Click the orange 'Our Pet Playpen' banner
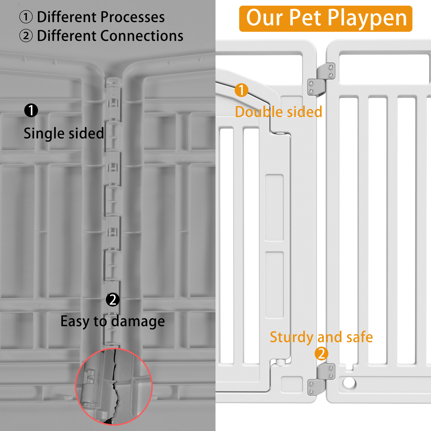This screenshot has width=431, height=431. (325, 19)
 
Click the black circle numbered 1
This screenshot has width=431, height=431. (31, 110)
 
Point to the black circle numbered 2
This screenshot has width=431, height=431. (113, 300)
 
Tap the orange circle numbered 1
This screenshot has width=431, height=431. (241, 90)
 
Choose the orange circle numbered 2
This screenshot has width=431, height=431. (321, 354)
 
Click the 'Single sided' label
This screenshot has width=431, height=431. (64, 133)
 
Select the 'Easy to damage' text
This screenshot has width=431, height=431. (113, 321)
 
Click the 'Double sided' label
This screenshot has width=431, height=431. (279, 112)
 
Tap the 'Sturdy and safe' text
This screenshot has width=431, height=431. (321, 337)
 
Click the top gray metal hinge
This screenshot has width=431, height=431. (321, 79)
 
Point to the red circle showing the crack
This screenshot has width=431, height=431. (114, 387)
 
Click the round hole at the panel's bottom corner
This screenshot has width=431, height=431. (349, 383)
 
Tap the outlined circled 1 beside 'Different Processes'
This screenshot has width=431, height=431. (26, 17)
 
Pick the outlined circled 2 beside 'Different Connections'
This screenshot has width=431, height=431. (26, 36)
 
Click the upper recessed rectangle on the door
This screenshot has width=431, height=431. (274, 207)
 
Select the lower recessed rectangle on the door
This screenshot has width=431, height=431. (274, 284)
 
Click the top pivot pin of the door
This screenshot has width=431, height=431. (280, 133)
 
